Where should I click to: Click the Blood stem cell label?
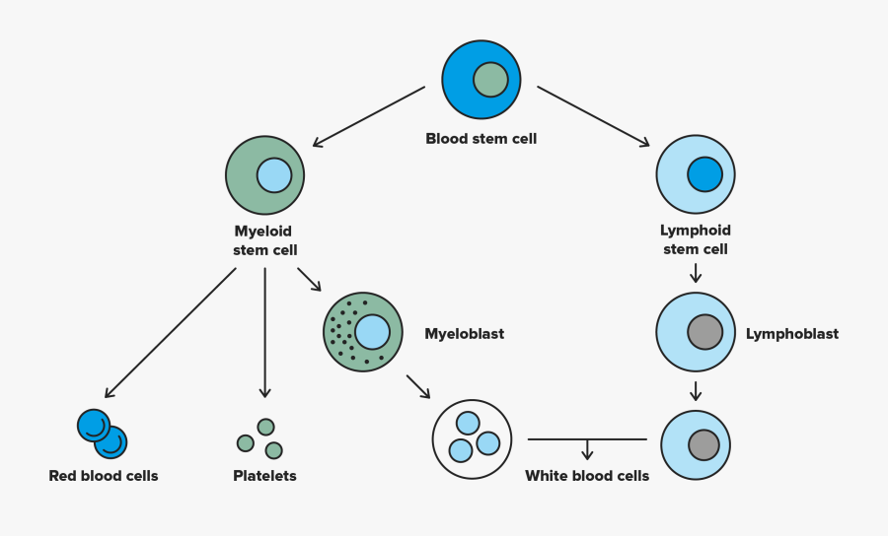[x=481, y=139]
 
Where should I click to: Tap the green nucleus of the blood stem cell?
[x=490, y=79]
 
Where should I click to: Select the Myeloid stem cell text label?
[x=264, y=240]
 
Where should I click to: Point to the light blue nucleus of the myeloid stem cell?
[x=274, y=175]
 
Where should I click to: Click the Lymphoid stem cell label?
[x=695, y=240]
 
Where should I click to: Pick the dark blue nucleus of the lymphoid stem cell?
[x=704, y=174]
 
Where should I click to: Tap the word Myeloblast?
[x=464, y=334]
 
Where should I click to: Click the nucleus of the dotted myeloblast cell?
[x=372, y=332]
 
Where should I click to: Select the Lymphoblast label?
[x=791, y=334]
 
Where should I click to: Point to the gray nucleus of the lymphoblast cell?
[x=704, y=332]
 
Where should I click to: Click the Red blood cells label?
[x=104, y=476]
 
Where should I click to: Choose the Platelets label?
[x=264, y=476]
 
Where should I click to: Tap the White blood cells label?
[x=587, y=476]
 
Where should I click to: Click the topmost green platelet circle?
[x=265, y=427]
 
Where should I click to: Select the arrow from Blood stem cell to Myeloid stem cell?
[x=368, y=116]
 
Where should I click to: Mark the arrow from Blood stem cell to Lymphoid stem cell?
[x=593, y=116]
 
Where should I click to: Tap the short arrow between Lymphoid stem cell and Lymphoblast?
[x=696, y=273]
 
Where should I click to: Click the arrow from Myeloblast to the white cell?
[x=418, y=385]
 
